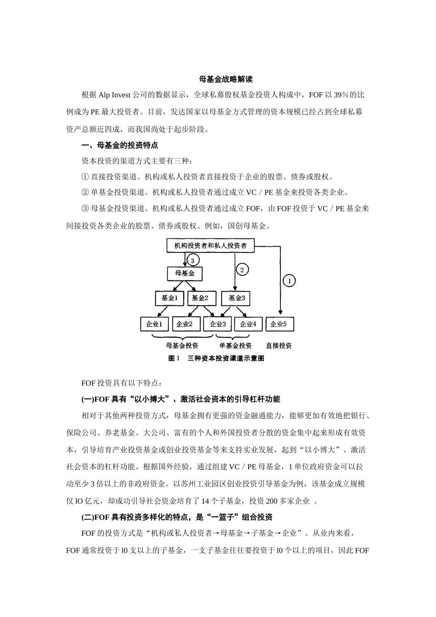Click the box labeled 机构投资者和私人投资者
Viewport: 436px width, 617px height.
pos(210,246)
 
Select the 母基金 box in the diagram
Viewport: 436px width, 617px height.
pos(184,274)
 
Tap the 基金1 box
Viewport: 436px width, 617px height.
pos(169,298)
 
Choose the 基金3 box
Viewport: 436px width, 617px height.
pos(235,298)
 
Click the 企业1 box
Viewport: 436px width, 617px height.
pos(154,324)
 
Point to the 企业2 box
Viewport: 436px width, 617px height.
pos(184,324)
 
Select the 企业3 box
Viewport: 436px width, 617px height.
pos(218,324)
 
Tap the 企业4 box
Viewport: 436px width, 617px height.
pos(248,324)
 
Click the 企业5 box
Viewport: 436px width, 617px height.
pos(279,324)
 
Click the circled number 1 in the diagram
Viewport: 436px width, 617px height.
pos(289,280)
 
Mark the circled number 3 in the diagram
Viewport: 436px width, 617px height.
pos(193,260)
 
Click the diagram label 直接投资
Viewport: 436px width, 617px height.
pos(279,346)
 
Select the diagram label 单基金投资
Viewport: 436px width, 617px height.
pos(235,346)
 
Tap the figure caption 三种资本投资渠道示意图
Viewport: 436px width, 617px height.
pos(226,359)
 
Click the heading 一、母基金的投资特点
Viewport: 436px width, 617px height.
pos(120,146)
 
